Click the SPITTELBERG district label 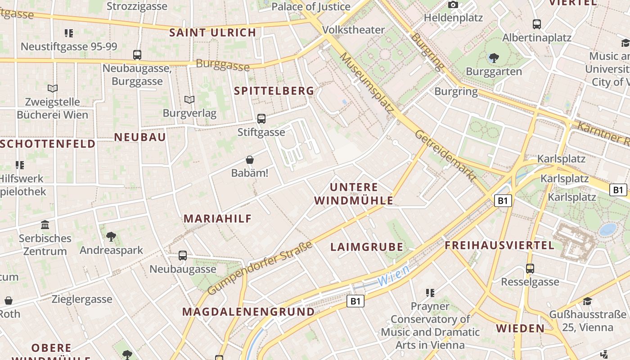pos(274,91)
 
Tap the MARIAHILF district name pos(217,219)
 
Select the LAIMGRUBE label pos(367,247)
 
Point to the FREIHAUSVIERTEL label pos(499,246)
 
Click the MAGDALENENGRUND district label pos(248,312)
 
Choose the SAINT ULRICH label pos(213,33)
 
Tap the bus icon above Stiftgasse pos(261,119)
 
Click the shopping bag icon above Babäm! pos(250,160)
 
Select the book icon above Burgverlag pos(189,99)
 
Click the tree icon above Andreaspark pos(111,236)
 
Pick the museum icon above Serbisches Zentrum pos(45,225)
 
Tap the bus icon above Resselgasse pos(530,269)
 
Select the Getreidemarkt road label pos(445,156)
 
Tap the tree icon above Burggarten pos(494,58)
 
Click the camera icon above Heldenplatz pos(453,5)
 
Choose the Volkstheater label pos(354,30)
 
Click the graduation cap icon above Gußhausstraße pos(587,301)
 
